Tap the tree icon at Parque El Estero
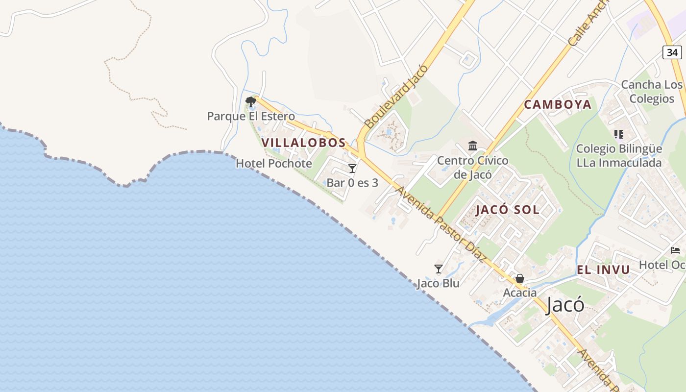coord(251,102)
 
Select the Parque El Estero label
coord(251,117)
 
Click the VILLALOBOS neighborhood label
coord(304,143)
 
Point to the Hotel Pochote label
coord(274,164)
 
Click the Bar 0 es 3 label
coord(352,183)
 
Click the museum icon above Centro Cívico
coord(473,146)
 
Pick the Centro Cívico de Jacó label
coord(473,167)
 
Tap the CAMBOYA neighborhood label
coord(558,104)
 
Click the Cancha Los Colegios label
coord(652,92)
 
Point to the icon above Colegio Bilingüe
coord(618,134)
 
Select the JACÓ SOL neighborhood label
coord(507,210)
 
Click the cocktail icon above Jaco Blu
coord(439,269)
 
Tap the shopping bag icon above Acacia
coord(520,279)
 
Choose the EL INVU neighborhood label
coord(603,269)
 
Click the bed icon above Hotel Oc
coord(675,250)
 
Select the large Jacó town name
coord(565,305)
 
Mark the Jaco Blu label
coord(438,283)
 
